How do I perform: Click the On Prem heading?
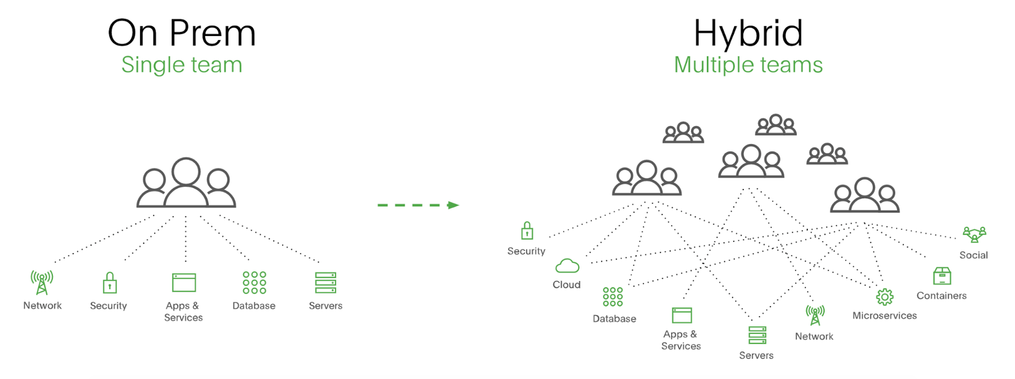[x=181, y=33]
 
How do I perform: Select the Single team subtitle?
[x=181, y=65]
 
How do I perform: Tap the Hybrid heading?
[x=748, y=33]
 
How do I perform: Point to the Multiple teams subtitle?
[x=748, y=65]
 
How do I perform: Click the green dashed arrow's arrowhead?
[x=453, y=205]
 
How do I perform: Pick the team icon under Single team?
[x=186, y=183]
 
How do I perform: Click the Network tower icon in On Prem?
[x=42, y=282]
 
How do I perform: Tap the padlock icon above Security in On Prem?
[x=109, y=283]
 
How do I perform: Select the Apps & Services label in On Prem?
[x=183, y=311]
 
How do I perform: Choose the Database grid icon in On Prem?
[x=254, y=283]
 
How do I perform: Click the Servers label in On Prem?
[x=326, y=306]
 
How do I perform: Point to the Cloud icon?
[x=567, y=265]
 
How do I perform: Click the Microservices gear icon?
[x=884, y=297]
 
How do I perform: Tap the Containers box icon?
[x=942, y=276]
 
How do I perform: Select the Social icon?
[x=974, y=234]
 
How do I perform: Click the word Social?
[x=973, y=255]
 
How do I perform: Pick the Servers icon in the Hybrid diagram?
[x=757, y=335]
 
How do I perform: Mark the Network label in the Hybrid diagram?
[x=814, y=336]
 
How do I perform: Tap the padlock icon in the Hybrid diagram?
[x=527, y=231]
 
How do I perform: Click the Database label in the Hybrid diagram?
[x=614, y=319]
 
